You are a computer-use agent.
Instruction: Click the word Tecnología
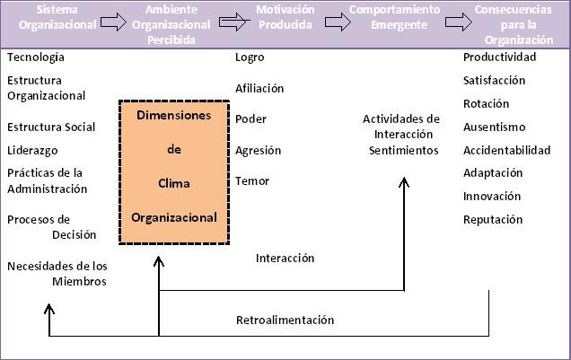pos(35,57)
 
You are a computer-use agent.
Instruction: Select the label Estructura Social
pos(51,127)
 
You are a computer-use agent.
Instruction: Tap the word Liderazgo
pos(33,150)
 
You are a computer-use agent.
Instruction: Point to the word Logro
pos(250,57)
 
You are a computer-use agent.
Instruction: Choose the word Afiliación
pos(259,89)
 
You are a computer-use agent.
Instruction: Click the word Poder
pos(250,119)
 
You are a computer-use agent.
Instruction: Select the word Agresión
pos(258,151)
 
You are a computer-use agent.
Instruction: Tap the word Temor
pos(252,181)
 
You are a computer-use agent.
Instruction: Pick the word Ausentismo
pos(494,127)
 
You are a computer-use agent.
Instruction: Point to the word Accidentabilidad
pos(506,150)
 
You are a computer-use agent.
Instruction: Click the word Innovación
pos(492,196)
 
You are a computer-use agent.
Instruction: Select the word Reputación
pos(493,219)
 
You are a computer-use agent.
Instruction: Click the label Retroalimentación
pos(285,320)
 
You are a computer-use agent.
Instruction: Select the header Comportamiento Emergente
pos(395,17)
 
